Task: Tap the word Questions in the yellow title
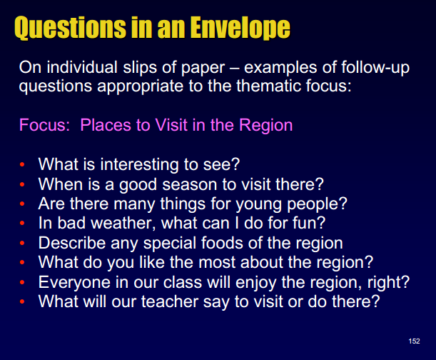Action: point(70,28)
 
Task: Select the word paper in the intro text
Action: point(203,69)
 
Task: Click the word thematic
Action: point(268,86)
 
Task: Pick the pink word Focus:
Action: point(44,125)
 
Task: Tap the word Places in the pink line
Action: point(106,125)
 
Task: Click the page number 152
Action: point(414,341)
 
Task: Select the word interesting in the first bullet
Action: point(139,164)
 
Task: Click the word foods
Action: point(222,243)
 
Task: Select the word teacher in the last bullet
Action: point(170,301)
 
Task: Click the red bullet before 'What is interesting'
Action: point(22,164)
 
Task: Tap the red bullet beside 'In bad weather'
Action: point(22,224)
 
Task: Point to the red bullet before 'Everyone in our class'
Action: point(22,282)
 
